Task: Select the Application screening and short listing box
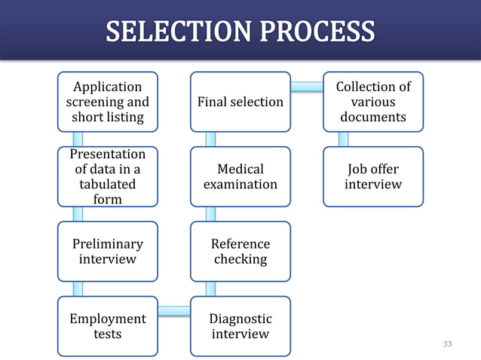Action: tap(108, 102)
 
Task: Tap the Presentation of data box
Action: tap(108, 176)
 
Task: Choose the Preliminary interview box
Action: tap(108, 252)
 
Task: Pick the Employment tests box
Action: tap(108, 326)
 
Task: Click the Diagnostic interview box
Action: tap(240, 326)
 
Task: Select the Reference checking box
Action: tap(240, 252)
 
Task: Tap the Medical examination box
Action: tap(240, 176)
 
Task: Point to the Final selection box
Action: tap(240, 102)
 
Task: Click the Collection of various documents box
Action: tap(373, 102)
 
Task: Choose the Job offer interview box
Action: tap(373, 176)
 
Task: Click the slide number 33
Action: tap(448, 344)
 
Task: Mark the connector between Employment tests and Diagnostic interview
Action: tap(174, 310)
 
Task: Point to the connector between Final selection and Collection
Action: tap(307, 87)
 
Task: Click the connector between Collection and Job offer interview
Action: tap(344, 139)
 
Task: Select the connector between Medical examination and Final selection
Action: tap(211, 139)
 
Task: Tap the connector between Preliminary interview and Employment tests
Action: tap(78, 289)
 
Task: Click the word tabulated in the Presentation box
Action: tap(108, 184)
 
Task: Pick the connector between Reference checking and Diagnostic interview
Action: tap(211, 289)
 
